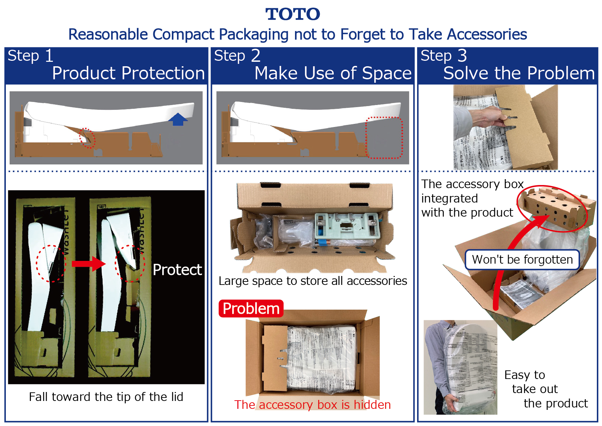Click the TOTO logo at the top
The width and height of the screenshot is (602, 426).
[x=293, y=14]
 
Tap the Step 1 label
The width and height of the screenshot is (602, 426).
[x=30, y=56]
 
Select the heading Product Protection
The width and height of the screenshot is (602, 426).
[x=128, y=73]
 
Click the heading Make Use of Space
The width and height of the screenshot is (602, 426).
[x=333, y=73]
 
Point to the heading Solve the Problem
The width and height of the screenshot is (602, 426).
[x=519, y=73]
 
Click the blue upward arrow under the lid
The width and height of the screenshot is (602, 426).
[x=178, y=119]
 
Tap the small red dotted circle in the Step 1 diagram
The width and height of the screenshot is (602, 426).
[x=87, y=138]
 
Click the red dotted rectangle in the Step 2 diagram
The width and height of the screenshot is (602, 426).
[x=384, y=138]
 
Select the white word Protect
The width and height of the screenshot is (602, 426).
[x=177, y=270]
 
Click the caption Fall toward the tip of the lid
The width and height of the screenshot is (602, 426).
[x=106, y=397]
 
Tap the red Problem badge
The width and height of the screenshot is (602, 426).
[x=251, y=308]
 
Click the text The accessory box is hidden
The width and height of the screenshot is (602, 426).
[x=312, y=405]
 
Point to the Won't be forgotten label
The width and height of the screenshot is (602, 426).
[x=522, y=260]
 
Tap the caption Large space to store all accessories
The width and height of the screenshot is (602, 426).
[x=312, y=281]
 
